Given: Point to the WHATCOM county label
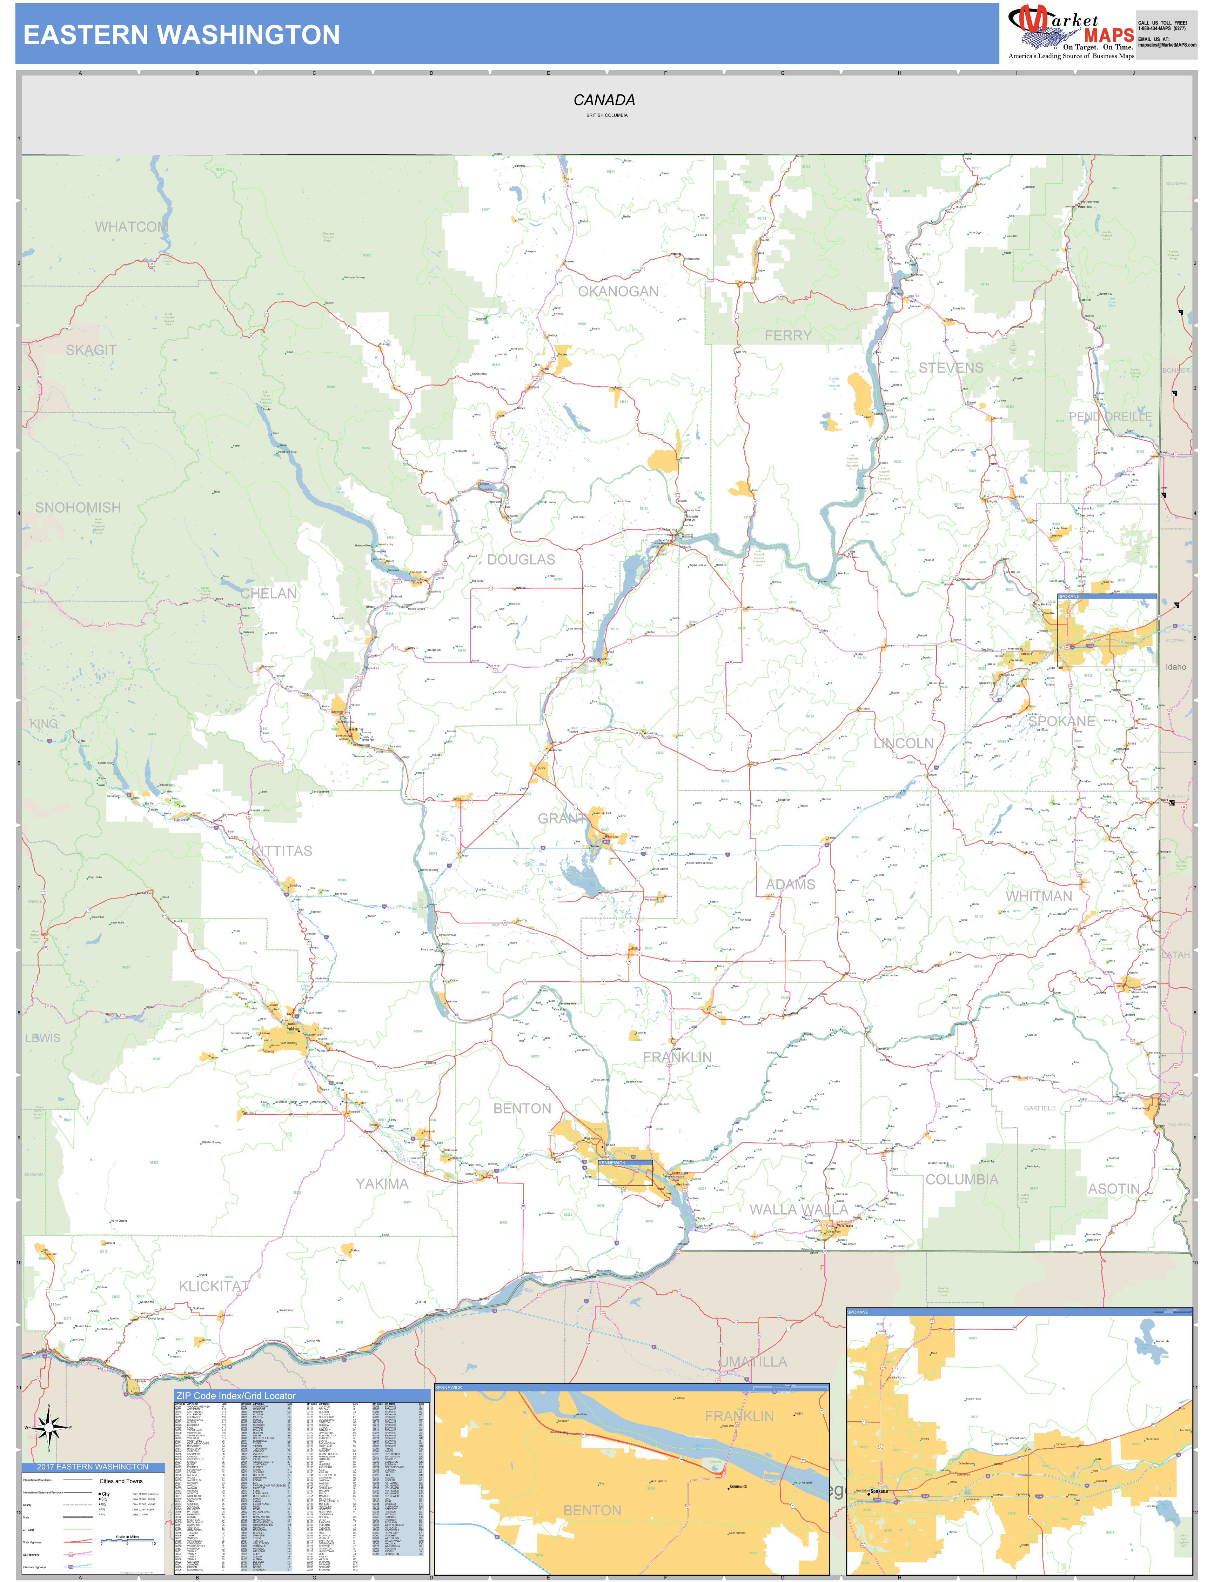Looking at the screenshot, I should (132, 227).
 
